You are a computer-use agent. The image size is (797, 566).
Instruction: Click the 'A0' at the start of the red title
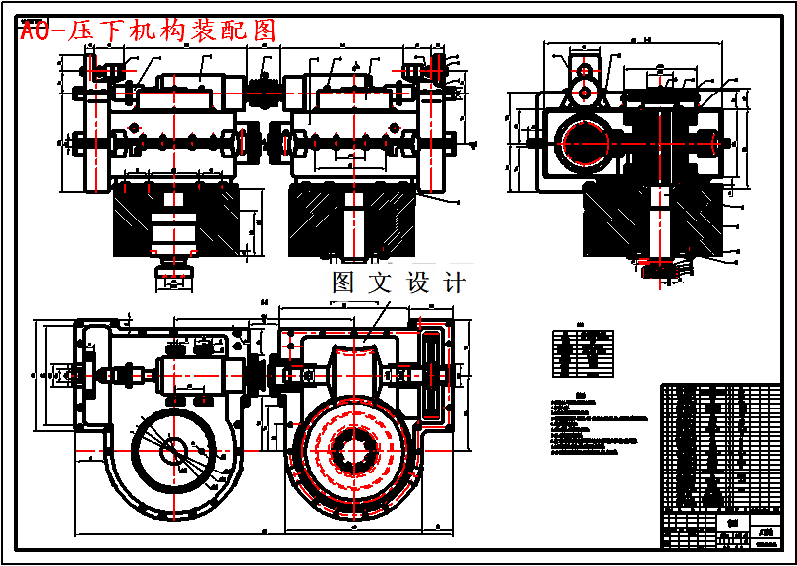(34, 31)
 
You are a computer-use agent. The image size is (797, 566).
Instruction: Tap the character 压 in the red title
(79, 31)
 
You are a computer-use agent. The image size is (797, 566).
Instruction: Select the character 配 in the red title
(231, 31)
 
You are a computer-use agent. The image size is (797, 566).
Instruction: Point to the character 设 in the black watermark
(417, 283)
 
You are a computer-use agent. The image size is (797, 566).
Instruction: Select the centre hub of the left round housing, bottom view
(173, 450)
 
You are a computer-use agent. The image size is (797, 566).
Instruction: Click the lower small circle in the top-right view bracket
(585, 92)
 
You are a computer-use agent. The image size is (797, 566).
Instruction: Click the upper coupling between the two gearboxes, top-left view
(263, 92)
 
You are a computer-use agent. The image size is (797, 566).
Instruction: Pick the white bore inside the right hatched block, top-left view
(352, 223)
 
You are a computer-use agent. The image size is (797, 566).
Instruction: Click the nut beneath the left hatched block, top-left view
(173, 276)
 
